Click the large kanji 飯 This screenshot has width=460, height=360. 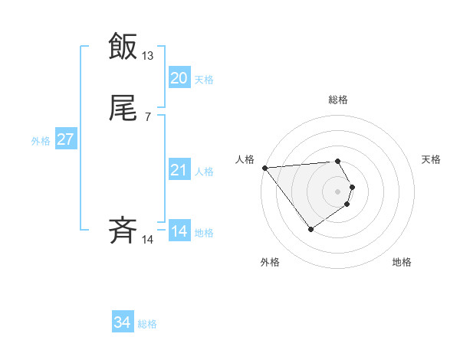123,46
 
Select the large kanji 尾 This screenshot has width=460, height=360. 123,110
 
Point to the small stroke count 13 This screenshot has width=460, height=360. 148,56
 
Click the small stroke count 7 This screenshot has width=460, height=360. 148,116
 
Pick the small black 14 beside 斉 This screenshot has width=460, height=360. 148,240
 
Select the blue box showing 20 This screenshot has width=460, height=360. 179,78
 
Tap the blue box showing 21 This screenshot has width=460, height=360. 179,171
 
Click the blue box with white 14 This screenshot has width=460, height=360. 179,231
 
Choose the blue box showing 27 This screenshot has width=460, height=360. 65,140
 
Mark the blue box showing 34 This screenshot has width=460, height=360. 123,323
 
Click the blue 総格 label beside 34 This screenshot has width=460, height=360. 147,324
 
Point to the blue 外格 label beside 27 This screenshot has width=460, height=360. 41,141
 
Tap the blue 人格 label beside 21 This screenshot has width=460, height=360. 204,172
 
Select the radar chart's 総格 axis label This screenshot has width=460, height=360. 338,100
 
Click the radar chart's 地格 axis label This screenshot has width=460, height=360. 402,262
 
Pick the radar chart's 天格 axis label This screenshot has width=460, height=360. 432,159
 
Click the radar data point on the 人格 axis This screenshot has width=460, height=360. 264,168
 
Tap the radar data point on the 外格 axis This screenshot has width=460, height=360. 310,229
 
